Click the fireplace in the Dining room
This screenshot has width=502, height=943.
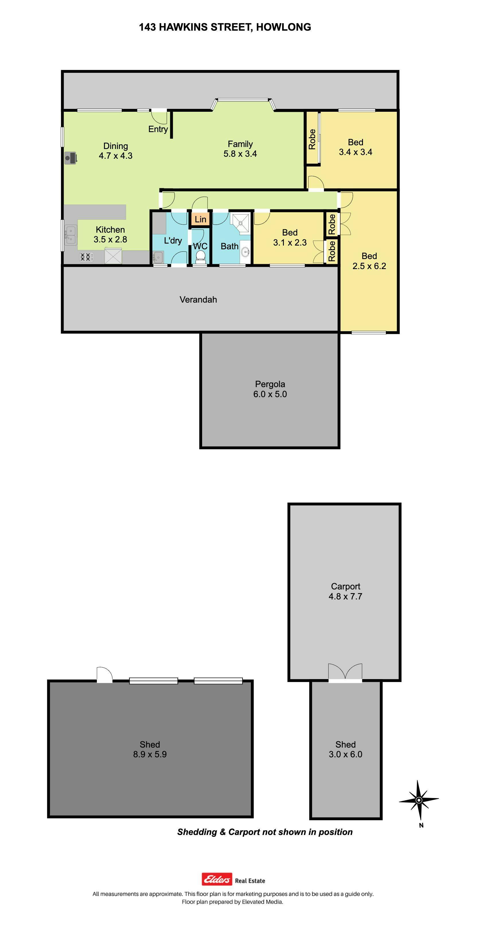pos(71,158)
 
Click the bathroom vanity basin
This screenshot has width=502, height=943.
pos(246,252)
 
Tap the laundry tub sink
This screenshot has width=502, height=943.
pos(158,257)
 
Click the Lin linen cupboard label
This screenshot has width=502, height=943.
pos(200,219)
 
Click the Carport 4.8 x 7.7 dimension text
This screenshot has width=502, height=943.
pos(345,596)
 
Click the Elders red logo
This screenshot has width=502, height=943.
pos(217,879)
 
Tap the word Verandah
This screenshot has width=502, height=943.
pos(198,299)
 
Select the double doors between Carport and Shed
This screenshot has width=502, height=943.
pos(345,673)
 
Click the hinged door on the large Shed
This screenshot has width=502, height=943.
pos(104,675)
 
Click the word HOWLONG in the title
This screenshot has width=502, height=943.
pos(284,27)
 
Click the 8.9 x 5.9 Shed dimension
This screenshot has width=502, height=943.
pos(150,754)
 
